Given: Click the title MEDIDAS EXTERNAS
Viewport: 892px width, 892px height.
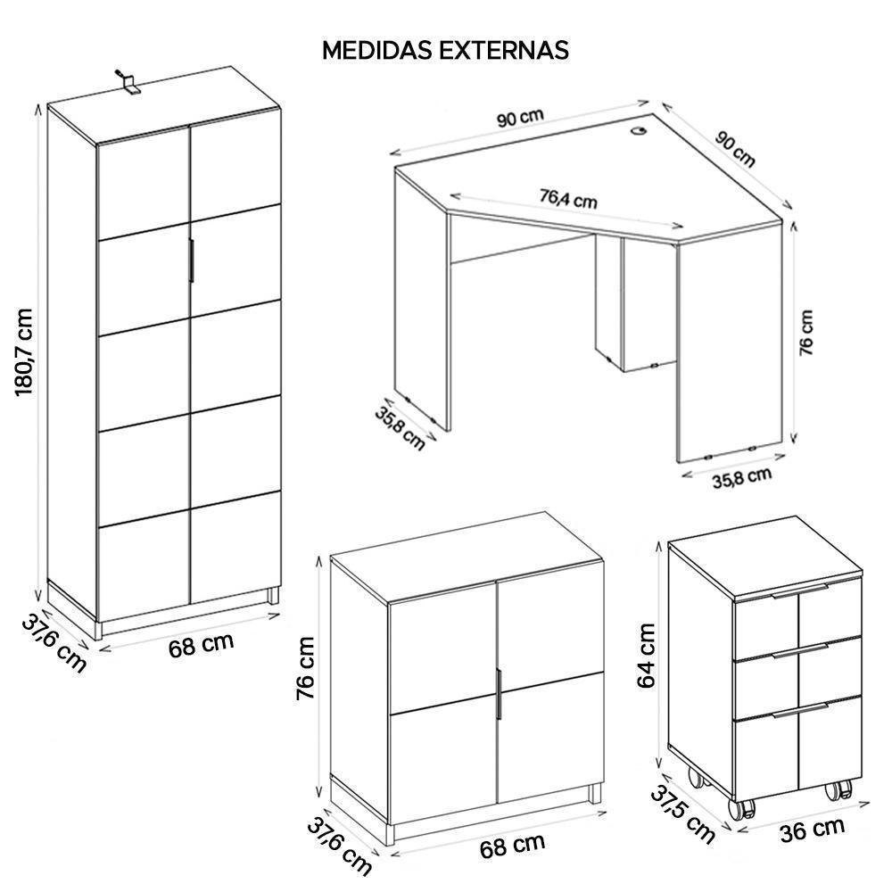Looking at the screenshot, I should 445,49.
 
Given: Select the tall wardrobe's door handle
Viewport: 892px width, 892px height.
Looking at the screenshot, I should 191,260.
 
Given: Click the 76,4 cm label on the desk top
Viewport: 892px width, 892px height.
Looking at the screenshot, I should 568,199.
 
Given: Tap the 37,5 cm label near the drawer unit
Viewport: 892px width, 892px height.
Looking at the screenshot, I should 683,813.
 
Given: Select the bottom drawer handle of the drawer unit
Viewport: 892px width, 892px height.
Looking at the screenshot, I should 798,713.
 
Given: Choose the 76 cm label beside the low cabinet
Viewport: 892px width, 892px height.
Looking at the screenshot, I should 306,679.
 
